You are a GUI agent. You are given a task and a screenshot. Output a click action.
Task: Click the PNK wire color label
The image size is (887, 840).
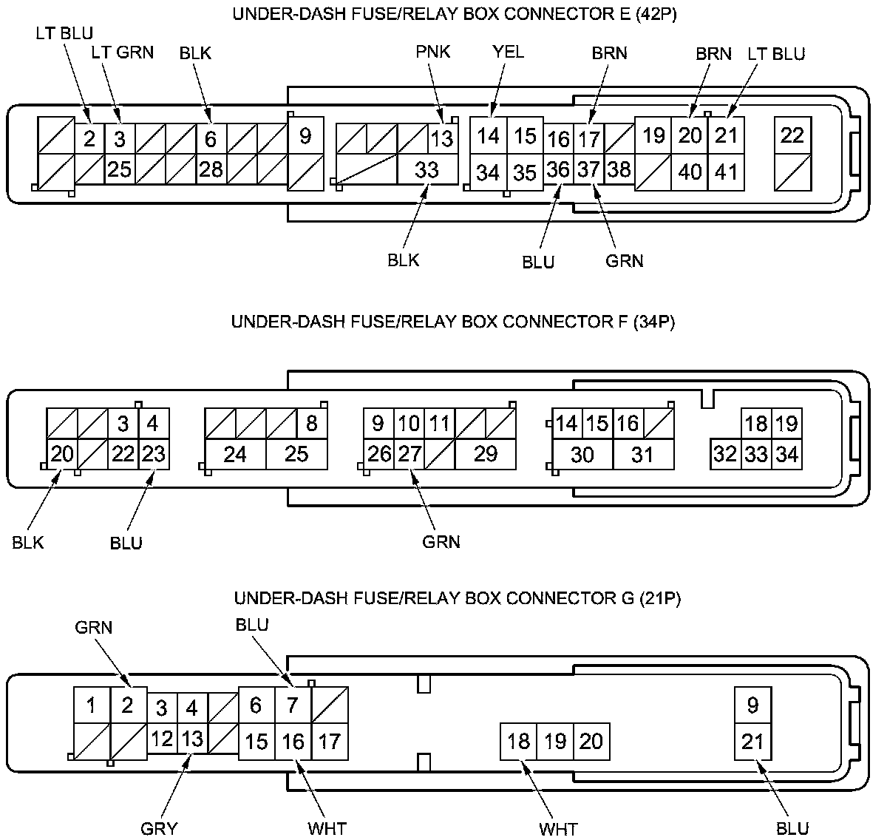coord(432,52)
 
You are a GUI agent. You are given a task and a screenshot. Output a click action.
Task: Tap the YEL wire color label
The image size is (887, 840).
coord(508,52)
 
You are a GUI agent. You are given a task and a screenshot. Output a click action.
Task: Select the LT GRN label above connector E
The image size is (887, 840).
coord(123,52)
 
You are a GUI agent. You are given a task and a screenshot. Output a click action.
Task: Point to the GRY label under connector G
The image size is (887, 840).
coord(159,828)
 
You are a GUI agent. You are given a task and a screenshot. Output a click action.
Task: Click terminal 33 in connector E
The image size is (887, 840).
coord(426,170)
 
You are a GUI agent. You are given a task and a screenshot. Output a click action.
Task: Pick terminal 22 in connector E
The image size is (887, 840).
coord(792,135)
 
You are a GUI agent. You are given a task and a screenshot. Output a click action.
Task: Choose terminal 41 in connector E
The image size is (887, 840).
coord(727,172)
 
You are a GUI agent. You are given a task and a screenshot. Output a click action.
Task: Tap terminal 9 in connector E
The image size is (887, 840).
coord(305,136)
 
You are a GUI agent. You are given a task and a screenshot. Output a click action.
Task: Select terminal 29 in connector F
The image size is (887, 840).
coord(485,453)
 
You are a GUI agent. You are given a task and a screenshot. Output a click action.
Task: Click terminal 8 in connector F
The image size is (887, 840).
coord(311,423)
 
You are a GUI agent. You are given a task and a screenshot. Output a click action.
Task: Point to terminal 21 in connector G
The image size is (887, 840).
coord(752,740)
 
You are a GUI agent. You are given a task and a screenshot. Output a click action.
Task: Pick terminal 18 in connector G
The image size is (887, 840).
coord(519,740)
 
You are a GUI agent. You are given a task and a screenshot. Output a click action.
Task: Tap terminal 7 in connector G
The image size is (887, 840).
coord(293,705)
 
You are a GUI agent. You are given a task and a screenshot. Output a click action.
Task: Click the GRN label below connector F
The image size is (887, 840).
coord(441,542)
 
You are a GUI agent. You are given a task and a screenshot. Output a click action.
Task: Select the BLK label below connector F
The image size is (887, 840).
coord(28,543)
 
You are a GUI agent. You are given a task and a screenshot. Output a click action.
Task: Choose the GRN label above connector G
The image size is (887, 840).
coord(94,628)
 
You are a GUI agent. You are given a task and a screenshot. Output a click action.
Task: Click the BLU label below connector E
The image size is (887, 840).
coord(538,262)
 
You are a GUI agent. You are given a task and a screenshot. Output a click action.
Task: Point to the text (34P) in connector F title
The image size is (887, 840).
coord(655,322)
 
